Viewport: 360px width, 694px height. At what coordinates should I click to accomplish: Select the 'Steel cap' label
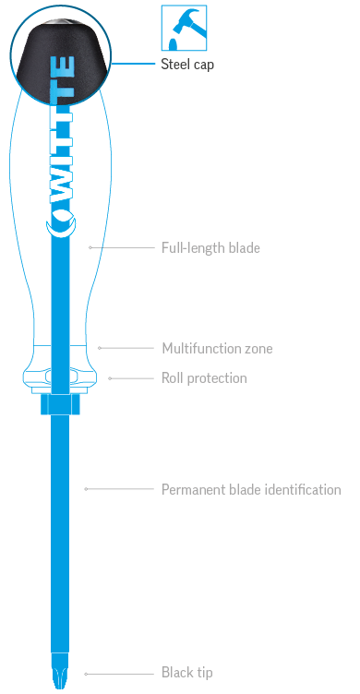pyautogui.click(x=187, y=65)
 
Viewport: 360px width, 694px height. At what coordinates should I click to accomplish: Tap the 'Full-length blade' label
pyautogui.click(x=210, y=248)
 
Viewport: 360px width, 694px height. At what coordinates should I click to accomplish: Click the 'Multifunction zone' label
pyautogui.click(x=217, y=348)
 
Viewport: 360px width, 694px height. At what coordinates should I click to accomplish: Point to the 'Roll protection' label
pyautogui.click(x=204, y=377)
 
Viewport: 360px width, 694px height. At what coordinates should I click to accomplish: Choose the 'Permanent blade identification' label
pyautogui.click(x=251, y=489)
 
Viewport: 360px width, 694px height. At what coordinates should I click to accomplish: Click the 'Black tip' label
pyautogui.click(x=186, y=673)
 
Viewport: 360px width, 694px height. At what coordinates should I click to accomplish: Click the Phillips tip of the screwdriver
pyautogui.click(x=62, y=670)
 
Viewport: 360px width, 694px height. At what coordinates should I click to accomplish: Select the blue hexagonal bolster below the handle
pyautogui.click(x=62, y=404)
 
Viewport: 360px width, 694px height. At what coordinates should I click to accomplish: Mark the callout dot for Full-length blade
pyautogui.click(x=90, y=248)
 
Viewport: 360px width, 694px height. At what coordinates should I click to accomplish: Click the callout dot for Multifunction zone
pyautogui.click(x=99, y=348)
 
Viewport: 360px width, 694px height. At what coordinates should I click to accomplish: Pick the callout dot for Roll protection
pyautogui.click(x=109, y=377)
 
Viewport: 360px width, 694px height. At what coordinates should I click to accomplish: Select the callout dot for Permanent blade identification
pyautogui.click(x=85, y=489)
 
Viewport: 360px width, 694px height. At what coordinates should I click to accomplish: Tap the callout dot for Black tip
pyautogui.click(x=85, y=673)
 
